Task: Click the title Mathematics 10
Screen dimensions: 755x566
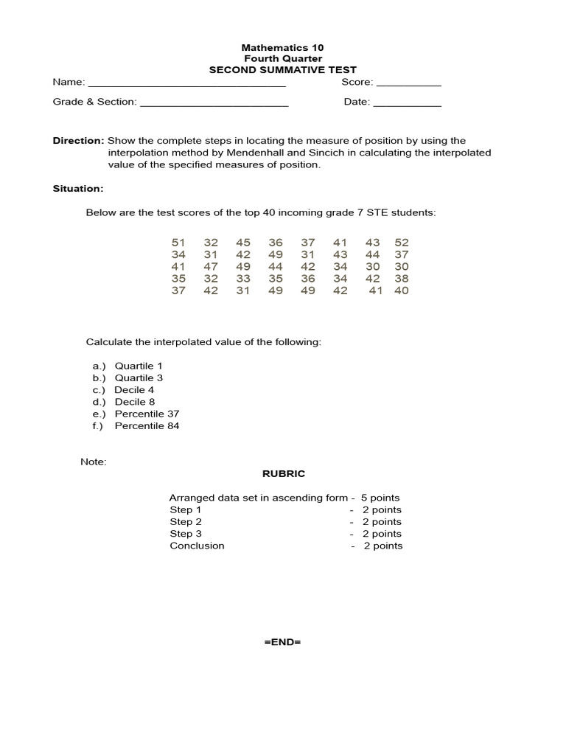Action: click(x=283, y=46)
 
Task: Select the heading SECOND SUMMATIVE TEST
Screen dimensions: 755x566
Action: click(x=283, y=70)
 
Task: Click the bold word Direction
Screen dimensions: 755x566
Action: click(x=78, y=141)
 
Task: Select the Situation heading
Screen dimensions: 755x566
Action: click(x=78, y=189)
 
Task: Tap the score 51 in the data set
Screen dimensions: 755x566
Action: click(x=178, y=243)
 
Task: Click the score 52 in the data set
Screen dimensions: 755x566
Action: click(x=401, y=243)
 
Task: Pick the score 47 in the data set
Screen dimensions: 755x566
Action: click(x=211, y=266)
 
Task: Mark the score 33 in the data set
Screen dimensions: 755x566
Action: click(x=243, y=279)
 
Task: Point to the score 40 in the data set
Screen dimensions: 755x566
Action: click(x=401, y=290)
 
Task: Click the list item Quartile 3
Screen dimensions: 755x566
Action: click(x=139, y=378)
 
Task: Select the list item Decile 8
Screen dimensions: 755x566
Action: click(x=135, y=402)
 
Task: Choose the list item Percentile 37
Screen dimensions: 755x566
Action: click(x=147, y=414)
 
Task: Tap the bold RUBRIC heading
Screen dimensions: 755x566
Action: click(x=283, y=473)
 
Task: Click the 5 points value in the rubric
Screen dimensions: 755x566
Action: click(x=380, y=498)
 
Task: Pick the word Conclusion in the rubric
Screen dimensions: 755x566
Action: click(x=197, y=546)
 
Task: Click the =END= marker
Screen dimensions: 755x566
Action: click(x=283, y=642)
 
